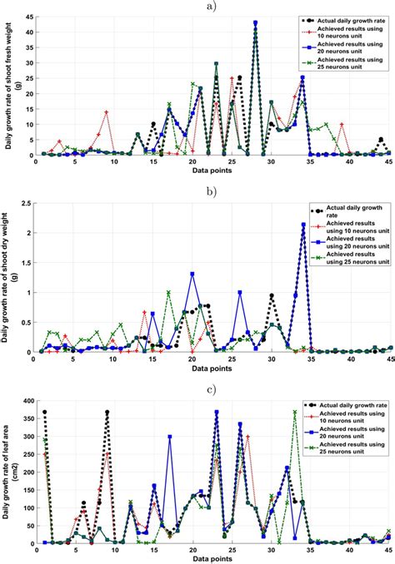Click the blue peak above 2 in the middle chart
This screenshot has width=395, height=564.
[302, 225]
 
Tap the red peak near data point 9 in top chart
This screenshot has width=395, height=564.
[107, 111]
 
